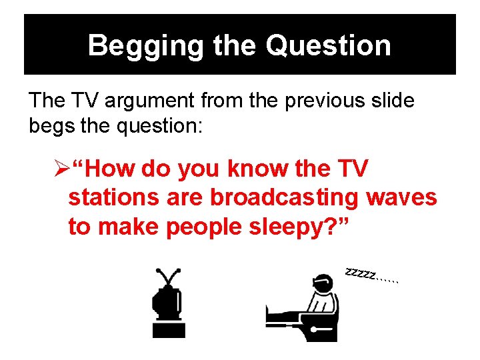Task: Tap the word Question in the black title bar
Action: point(328,46)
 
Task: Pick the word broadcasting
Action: point(279,198)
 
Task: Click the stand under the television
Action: point(169,330)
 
